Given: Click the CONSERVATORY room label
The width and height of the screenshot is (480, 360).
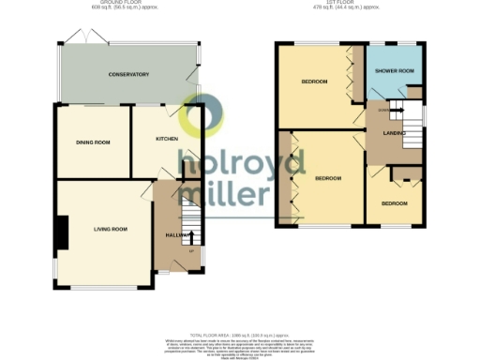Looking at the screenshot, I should [x=128, y=74].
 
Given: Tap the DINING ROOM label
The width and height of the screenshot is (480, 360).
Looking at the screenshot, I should [x=94, y=142].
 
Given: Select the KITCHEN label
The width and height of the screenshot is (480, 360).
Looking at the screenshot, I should [x=167, y=139].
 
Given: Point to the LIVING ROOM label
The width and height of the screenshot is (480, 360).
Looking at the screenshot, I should [x=110, y=228].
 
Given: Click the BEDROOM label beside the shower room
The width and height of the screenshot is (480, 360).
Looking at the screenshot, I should [x=314, y=82].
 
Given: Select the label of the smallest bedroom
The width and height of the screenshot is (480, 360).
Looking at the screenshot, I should [x=394, y=202].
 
